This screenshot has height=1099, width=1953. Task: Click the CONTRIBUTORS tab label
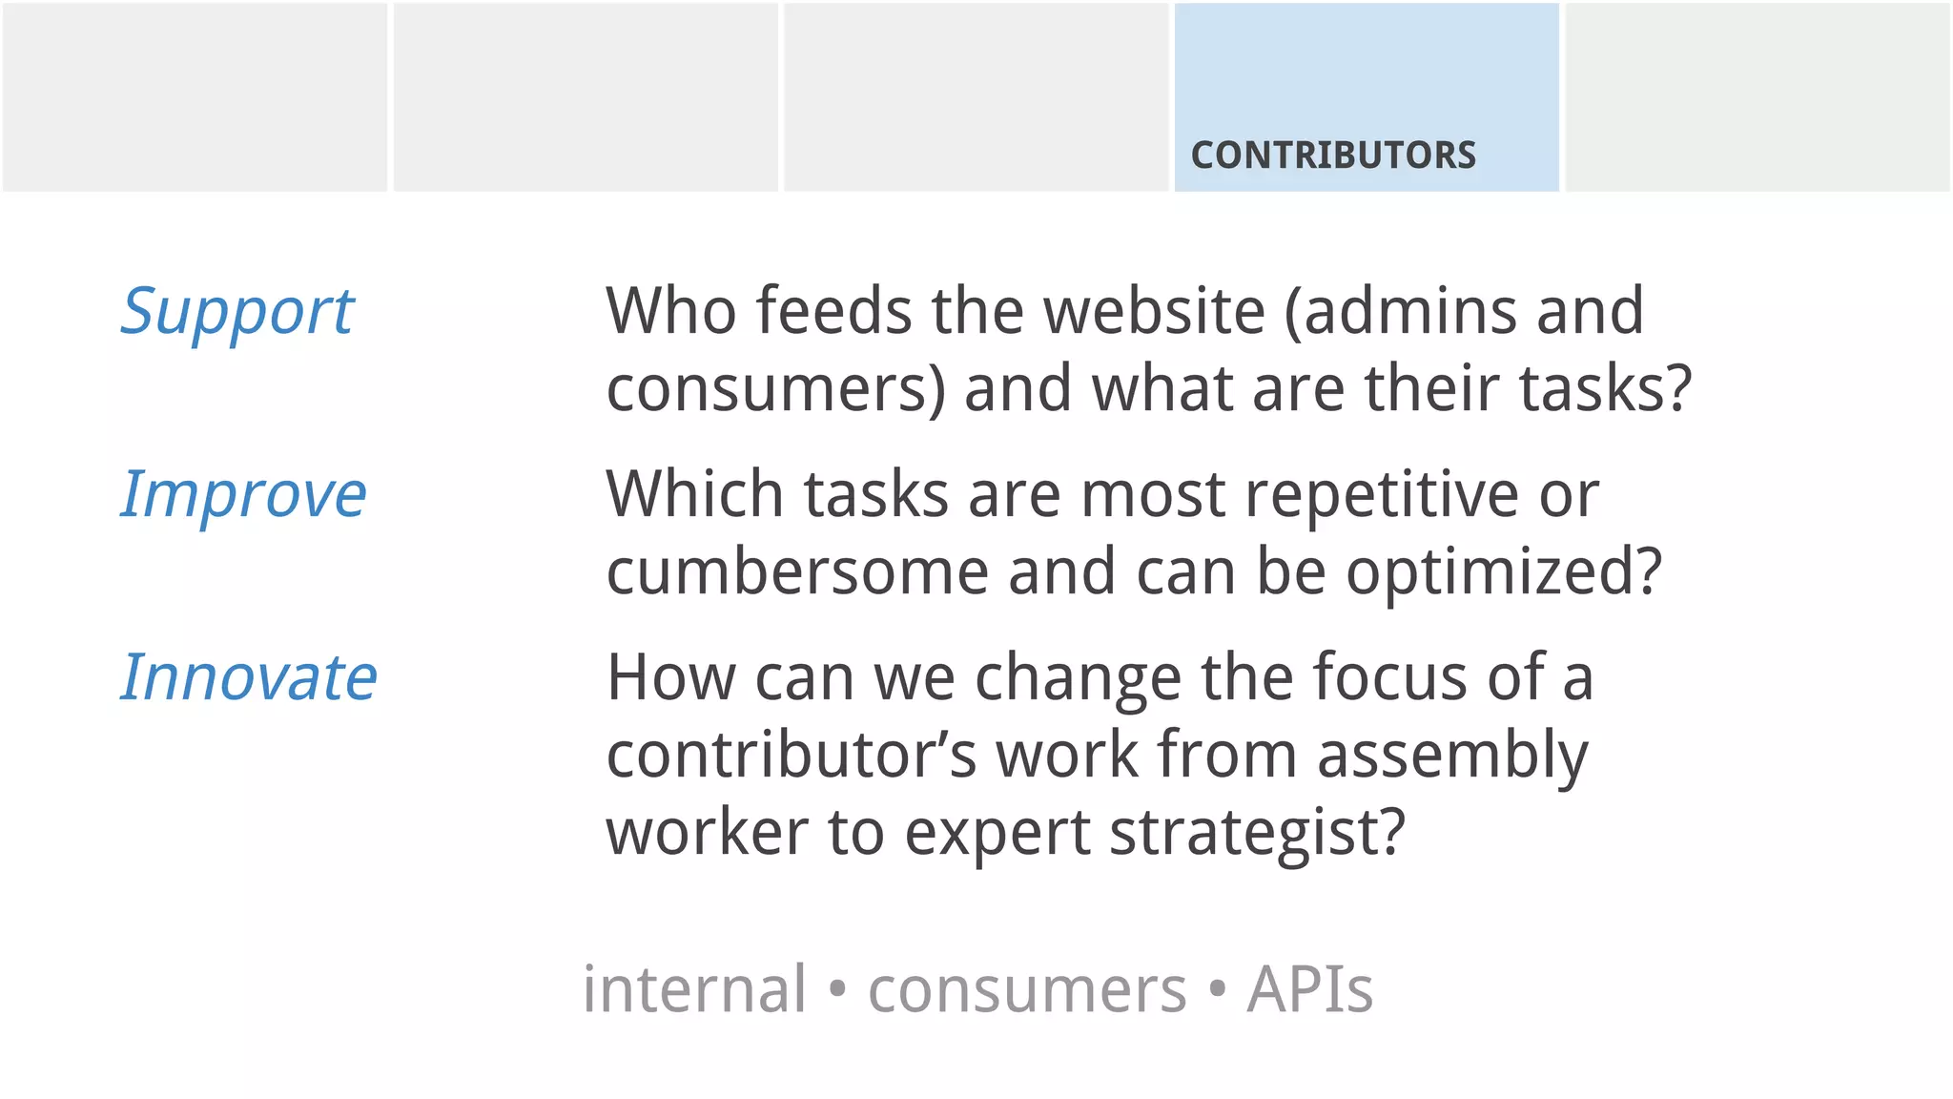click(1332, 156)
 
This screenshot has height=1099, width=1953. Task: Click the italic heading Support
click(236, 312)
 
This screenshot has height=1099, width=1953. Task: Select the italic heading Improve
click(243, 495)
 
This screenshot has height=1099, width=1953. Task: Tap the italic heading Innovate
click(249, 678)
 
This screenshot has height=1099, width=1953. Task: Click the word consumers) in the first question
click(775, 390)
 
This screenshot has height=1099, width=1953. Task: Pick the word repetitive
click(1381, 495)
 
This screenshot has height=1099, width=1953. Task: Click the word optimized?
click(1504, 572)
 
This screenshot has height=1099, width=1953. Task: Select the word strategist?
click(1257, 833)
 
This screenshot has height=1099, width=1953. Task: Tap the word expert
click(997, 833)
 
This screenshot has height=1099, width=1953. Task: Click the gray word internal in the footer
click(694, 989)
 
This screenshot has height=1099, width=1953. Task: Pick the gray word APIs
click(1309, 989)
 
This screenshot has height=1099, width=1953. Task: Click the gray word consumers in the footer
click(1027, 989)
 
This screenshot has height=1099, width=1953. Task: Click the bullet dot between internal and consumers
click(837, 989)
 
